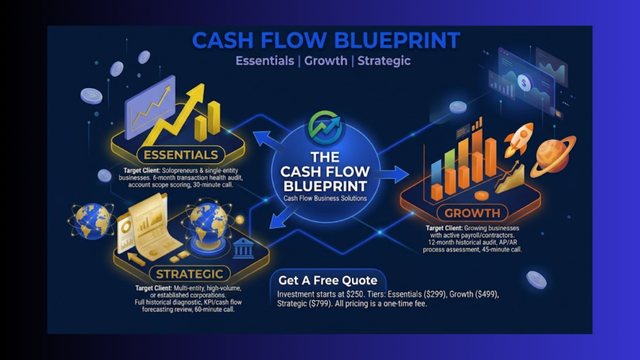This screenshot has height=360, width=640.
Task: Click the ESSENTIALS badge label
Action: click(x=181, y=155)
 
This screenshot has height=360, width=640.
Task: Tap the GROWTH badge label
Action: click(x=472, y=213)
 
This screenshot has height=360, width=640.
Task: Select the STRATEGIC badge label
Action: click(x=190, y=274)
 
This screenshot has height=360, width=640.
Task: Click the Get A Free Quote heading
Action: click(x=327, y=281)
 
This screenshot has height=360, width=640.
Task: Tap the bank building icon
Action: click(x=243, y=248)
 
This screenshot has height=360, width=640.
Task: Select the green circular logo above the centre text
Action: click(x=324, y=127)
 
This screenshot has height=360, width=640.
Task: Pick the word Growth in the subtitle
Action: click(x=326, y=61)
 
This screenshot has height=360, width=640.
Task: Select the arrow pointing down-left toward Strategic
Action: click(x=284, y=217)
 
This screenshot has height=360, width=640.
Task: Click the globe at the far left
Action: click(x=91, y=221)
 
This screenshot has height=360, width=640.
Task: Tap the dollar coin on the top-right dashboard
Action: click(x=524, y=83)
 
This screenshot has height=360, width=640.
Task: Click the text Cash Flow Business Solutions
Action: click(x=325, y=198)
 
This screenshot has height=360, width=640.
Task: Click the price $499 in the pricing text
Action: click(x=486, y=294)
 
